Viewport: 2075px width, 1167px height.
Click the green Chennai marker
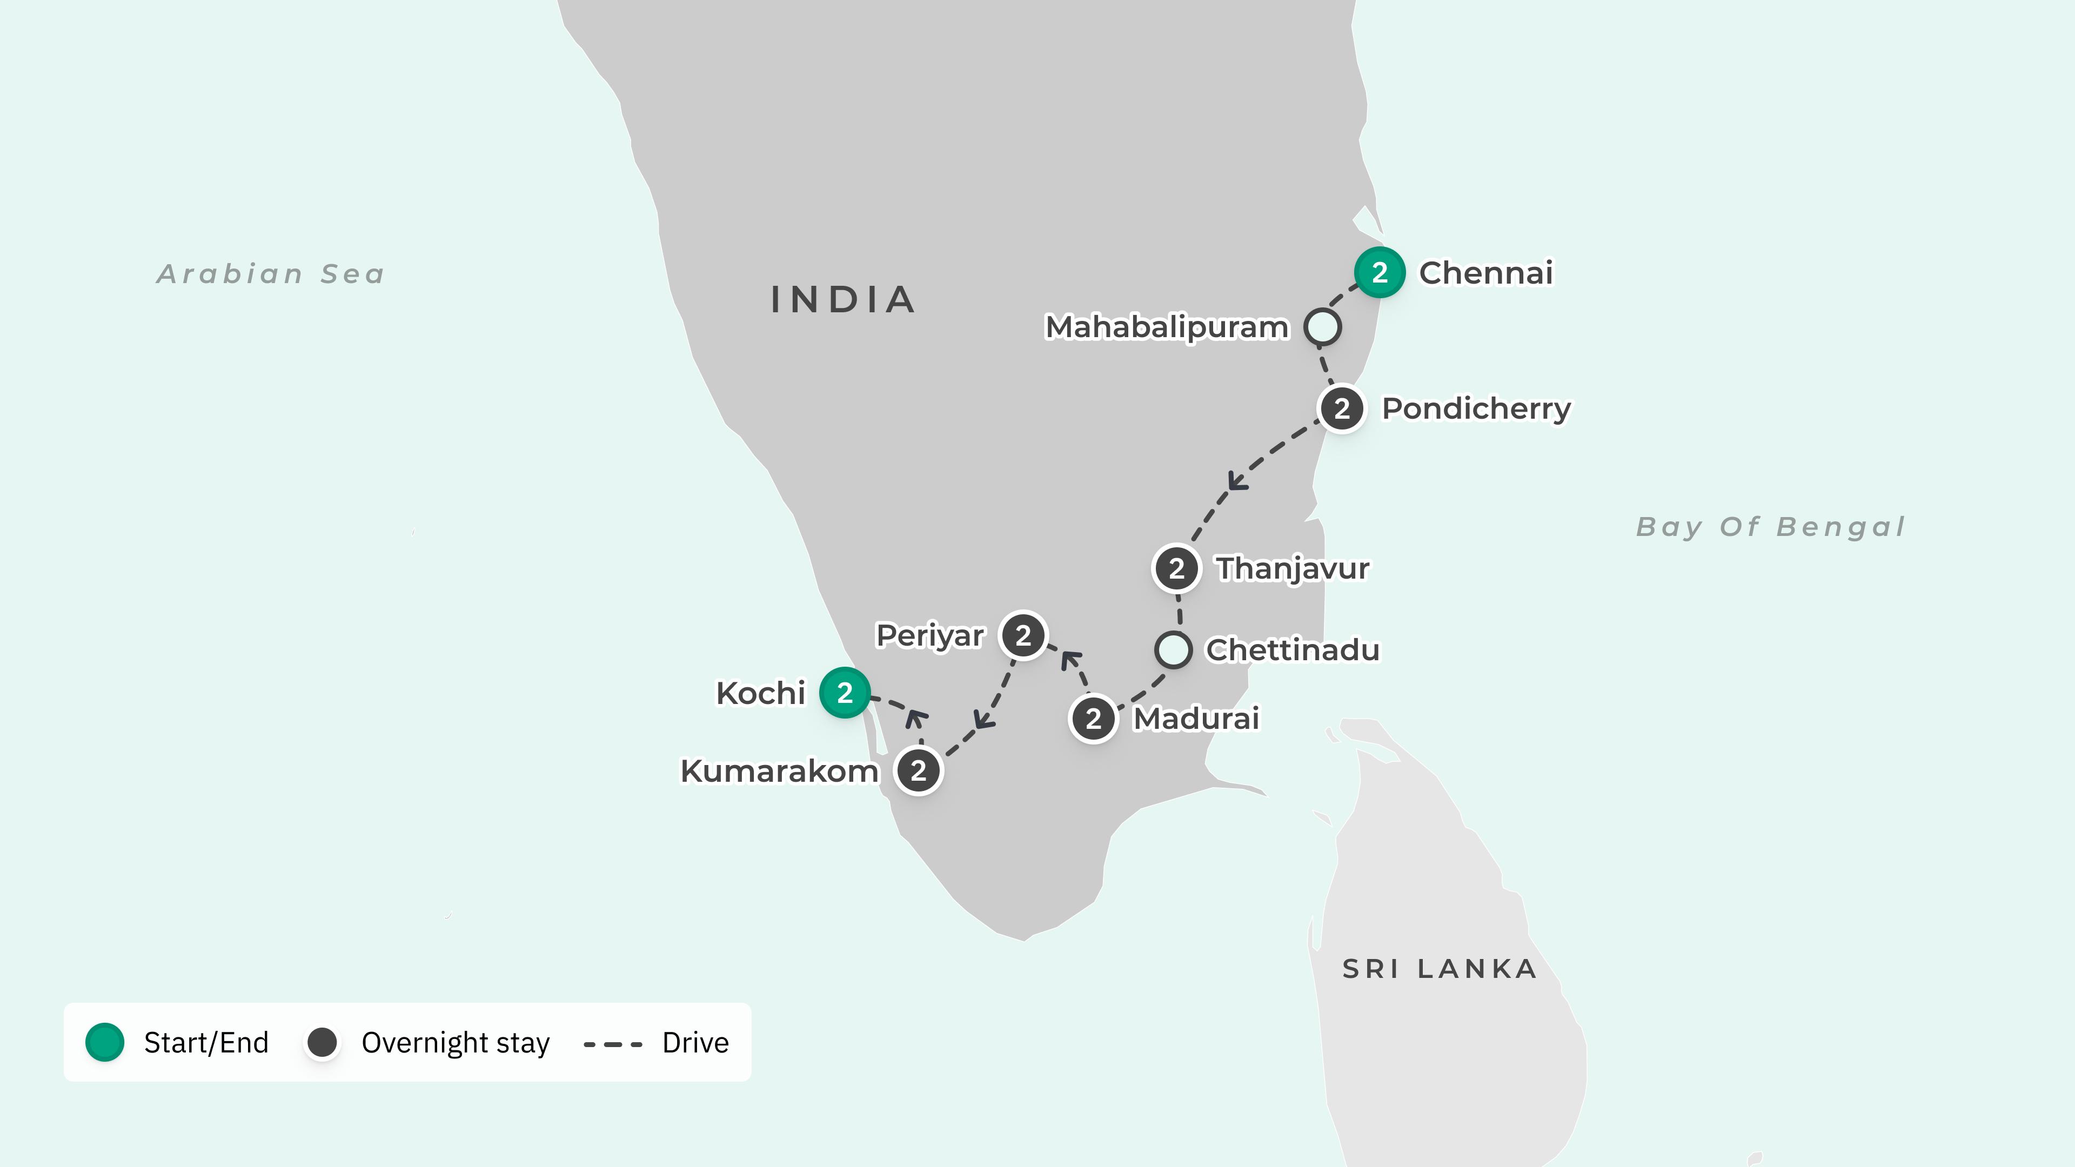pos(1379,272)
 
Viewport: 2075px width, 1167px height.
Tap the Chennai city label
pos(1485,272)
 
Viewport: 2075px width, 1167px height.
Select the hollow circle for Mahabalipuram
pos(1323,326)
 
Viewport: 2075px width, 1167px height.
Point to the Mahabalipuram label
pos(1167,327)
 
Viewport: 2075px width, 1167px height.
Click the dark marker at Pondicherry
pos(1341,408)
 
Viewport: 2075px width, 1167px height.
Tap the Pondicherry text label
pos(1476,408)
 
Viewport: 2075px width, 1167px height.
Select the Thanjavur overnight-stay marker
pos(1176,568)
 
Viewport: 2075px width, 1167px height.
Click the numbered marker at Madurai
pos(1093,719)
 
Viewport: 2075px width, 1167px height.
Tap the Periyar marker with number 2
pos(1023,635)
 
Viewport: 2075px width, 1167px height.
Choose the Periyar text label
pos(929,635)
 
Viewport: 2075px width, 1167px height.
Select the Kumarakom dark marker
pos(918,771)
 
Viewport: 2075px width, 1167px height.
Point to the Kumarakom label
pos(779,771)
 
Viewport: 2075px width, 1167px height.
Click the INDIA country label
pos(842,300)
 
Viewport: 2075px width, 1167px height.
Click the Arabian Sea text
pos(271,274)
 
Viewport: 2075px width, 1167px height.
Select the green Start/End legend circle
pos(105,1042)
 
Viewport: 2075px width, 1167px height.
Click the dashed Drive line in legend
pos(613,1044)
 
